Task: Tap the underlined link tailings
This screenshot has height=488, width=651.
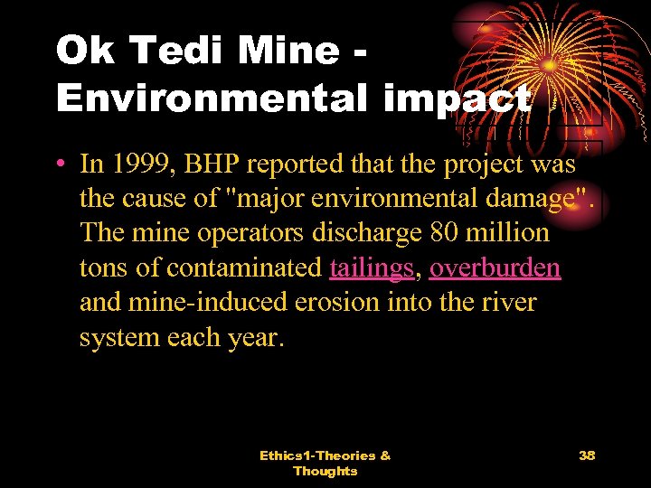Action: click(x=373, y=267)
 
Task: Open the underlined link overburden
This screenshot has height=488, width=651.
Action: click(x=495, y=267)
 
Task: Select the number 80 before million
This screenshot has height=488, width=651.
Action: click(x=443, y=233)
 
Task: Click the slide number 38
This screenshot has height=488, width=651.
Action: click(x=587, y=455)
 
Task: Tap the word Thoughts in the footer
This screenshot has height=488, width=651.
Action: click(x=325, y=471)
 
